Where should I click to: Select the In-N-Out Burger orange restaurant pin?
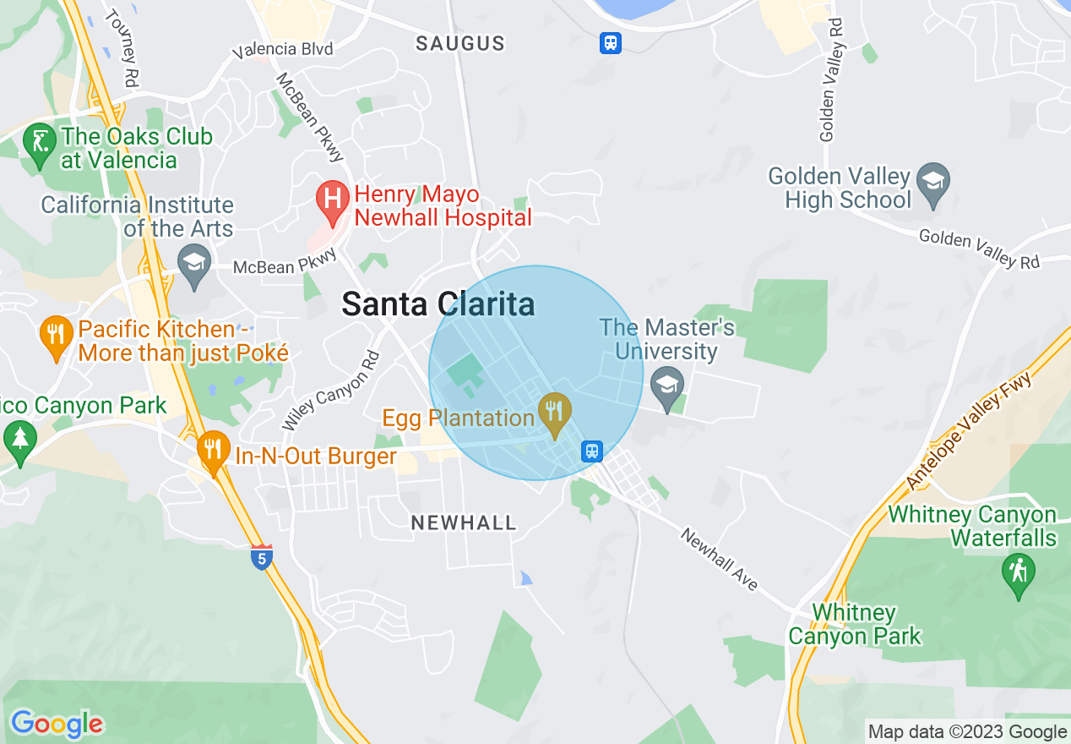[213, 449]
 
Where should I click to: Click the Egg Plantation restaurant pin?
[554, 412]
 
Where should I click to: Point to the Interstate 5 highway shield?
[262, 557]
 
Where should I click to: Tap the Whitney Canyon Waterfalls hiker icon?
[1018, 573]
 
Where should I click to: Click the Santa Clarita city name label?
[438, 304]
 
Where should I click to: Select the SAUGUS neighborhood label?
[460, 44]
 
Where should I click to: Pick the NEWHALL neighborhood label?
[464, 523]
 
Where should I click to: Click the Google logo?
[57, 724]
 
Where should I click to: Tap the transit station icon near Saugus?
[611, 42]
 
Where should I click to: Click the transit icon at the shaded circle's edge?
[592, 451]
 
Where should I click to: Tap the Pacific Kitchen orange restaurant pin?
[56, 334]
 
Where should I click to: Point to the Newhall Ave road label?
[720, 560]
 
